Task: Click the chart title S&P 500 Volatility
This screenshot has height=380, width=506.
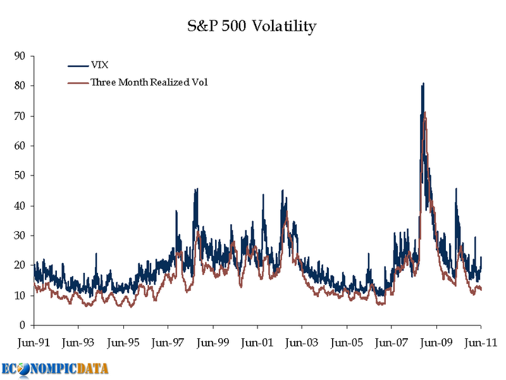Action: tap(253, 27)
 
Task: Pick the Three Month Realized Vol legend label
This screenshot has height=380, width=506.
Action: tap(149, 82)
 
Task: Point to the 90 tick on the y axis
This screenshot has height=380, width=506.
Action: tap(19, 56)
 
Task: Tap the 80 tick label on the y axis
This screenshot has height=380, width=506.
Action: tap(19, 86)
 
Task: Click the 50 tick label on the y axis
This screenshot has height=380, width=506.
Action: tap(19, 175)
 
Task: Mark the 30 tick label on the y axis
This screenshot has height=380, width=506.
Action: tap(19, 236)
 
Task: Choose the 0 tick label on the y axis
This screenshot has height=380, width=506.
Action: tap(22, 326)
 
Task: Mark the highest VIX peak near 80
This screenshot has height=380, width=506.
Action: tap(423, 84)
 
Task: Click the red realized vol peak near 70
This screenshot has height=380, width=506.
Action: tap(425, 113)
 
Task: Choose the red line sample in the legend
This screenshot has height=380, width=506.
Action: tap(77, 82)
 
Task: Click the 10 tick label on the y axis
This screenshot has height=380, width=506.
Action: tap(19, 296)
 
